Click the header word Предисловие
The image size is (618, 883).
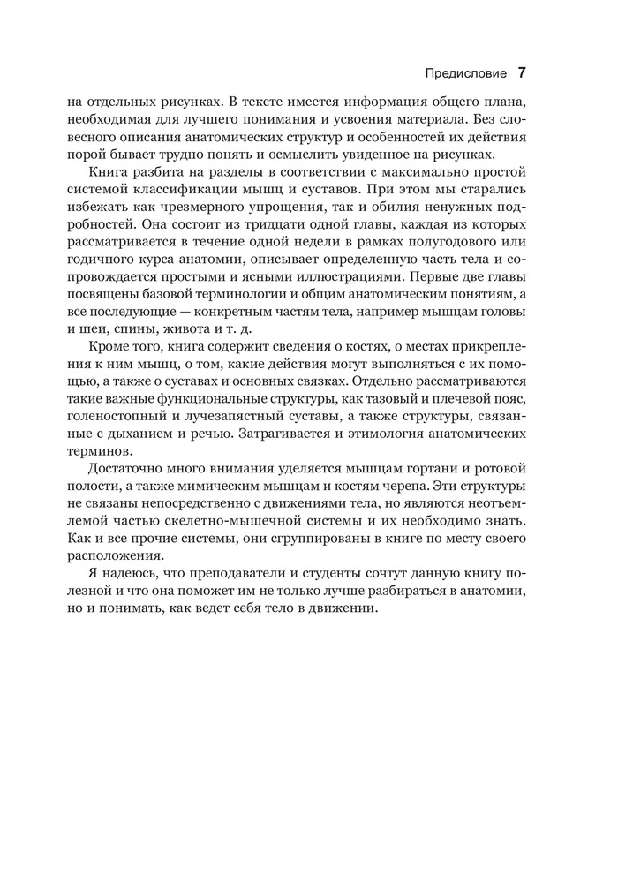[x=465, y=72]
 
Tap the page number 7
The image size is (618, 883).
[x=522, y=72]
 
